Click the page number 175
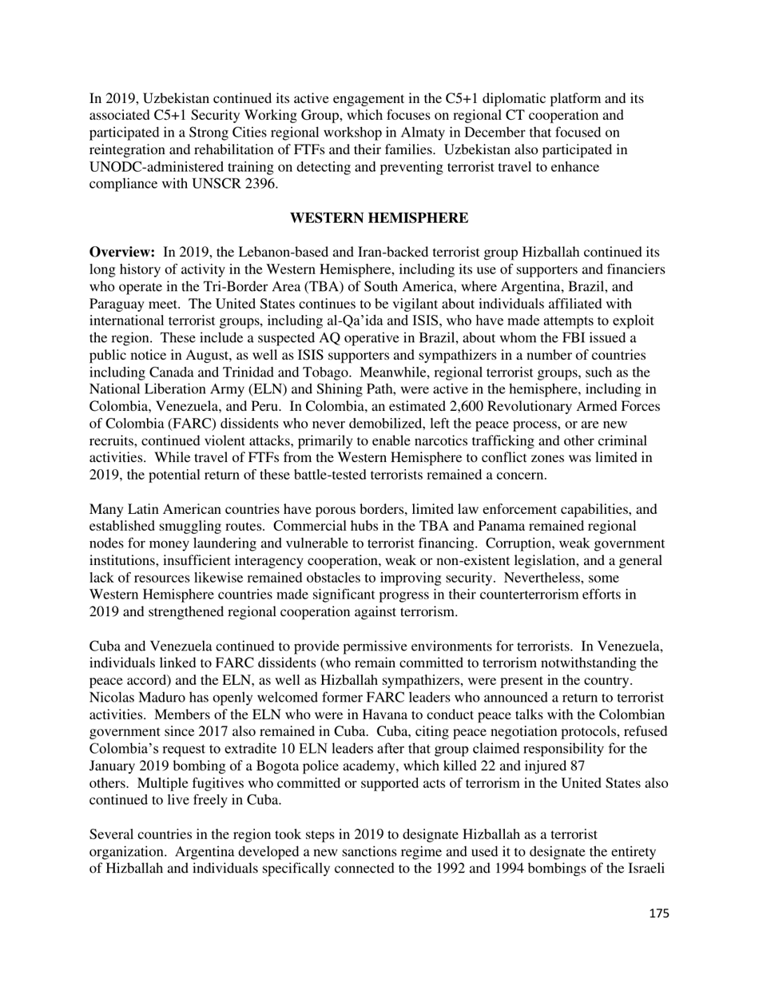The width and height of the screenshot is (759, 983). [659, 913]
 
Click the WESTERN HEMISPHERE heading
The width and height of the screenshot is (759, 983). [379, 218]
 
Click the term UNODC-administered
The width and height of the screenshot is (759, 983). [148, 167]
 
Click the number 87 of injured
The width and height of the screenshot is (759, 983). [582, 766]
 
